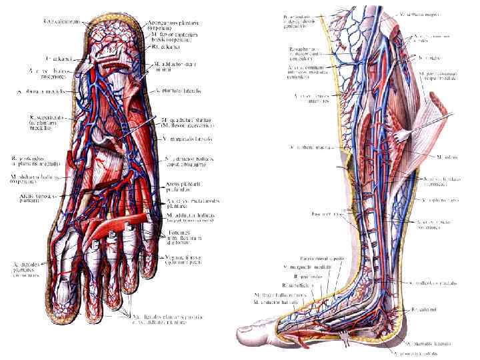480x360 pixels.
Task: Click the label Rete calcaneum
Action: (58, 21)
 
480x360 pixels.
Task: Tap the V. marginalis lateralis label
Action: (187, 138)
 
